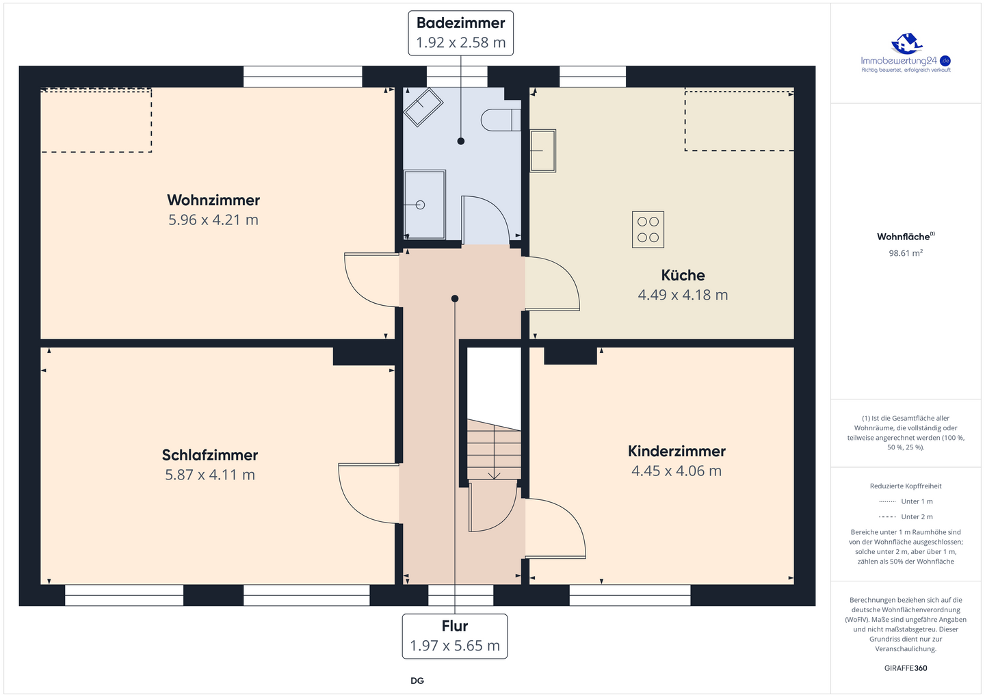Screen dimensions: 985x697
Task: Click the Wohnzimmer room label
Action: click(x=213, y=200)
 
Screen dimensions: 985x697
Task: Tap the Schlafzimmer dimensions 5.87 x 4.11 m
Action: click(x=210, y=475)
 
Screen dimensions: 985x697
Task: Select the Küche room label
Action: click(x=683, y=275)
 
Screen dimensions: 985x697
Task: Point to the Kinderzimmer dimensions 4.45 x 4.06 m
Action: click(x=677, y=471)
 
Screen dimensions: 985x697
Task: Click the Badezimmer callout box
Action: click(x=461, y=34)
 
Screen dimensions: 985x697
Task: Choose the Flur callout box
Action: click(x=455, y=636)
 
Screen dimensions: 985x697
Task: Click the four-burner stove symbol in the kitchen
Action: click(x=648, y=230)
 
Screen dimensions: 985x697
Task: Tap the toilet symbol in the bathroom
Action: click(x=501, y=120)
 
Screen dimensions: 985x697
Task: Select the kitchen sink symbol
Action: click(x=542, y=150)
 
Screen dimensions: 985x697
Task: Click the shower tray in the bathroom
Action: click(x=424, y=205)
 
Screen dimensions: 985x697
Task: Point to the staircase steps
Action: click(x=494, y=450)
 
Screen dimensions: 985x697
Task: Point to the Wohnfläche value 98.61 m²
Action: click(x=906, y=253)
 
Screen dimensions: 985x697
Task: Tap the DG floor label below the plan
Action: click(x=417, y=681)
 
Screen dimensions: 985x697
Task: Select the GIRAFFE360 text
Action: click(x=906, y=668)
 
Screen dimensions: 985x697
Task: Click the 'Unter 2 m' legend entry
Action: click(x=906, y=516)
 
